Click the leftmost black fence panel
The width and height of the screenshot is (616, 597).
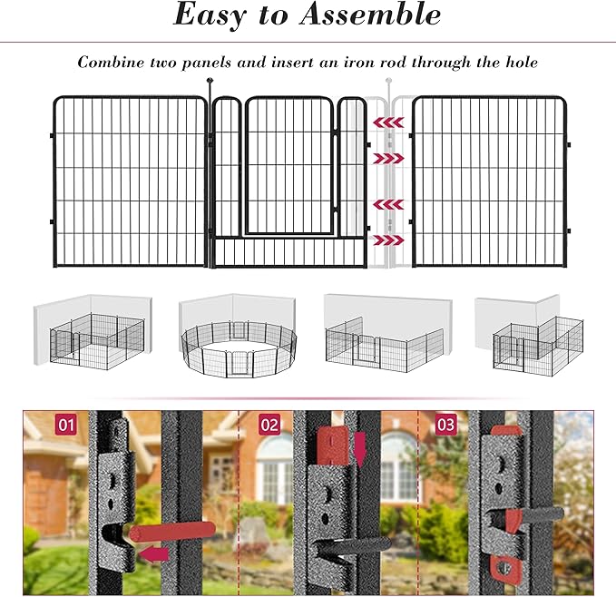pyautogui.click(x=129, y=181)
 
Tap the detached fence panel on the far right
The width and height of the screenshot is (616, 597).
pyautogui.click(x=491, y=181)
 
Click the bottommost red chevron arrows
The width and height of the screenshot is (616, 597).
pyautogui.click(x=389, y=240)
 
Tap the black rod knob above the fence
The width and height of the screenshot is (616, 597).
pyautogui.click(x=210, y=83)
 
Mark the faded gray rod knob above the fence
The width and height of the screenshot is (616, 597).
pyautogui.click(x=389, y=83)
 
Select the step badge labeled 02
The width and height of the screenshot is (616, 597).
pyautogui.click(x=269, y=424)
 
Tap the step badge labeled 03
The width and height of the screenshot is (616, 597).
pyautogui.click(x=446, y=424)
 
